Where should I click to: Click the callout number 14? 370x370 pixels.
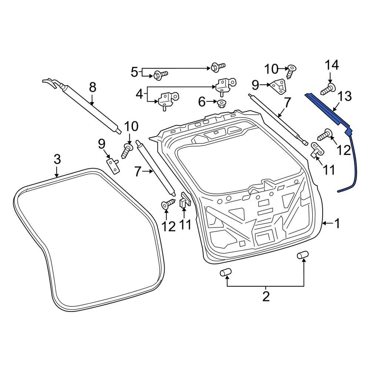[x=332, y=65]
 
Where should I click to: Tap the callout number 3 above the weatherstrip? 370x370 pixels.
[x=57, y=159]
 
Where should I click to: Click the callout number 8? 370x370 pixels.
[x=92, y=87]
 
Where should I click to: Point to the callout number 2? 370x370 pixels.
[x=266, y=296]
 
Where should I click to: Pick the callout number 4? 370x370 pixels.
[x=139, y=94]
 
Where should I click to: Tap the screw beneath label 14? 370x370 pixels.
[x=326, y=89]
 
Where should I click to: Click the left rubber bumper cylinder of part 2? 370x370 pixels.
[x=226, y=273]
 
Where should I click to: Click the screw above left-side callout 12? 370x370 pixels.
[x=169, y=203]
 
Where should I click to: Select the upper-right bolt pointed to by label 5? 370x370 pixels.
[x=218, y=67]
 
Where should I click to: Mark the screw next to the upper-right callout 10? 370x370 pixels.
[x=291, y=71]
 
